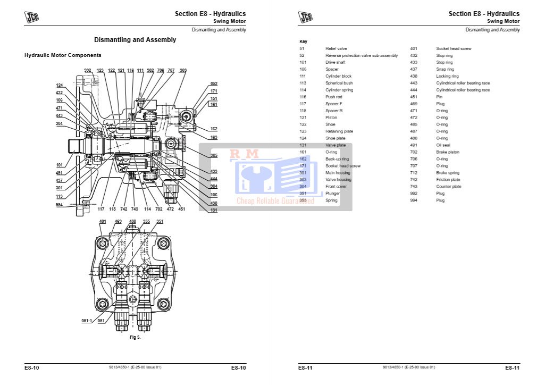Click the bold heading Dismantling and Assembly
135,40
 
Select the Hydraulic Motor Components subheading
63,55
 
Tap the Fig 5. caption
135,337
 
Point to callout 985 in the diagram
213,155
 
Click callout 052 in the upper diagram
214,83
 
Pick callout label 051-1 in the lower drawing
87,321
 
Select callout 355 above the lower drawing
146,221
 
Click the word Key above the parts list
303,41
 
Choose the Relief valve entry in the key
336,48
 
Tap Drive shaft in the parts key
335,62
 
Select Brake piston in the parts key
448,152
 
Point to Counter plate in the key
449,187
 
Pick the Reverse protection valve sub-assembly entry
362,55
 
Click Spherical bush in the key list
339,83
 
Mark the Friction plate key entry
448,180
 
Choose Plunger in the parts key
332,194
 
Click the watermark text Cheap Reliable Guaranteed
275,201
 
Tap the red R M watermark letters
244,154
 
